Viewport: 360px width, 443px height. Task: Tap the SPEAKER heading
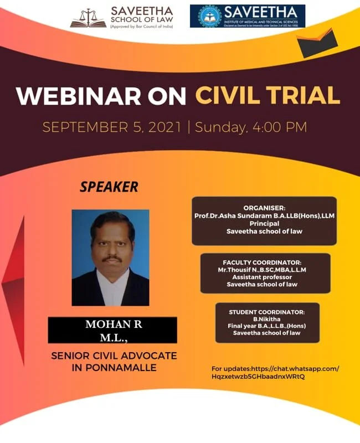109,187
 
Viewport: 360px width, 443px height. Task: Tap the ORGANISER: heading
264,207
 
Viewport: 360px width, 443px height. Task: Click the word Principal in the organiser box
264,223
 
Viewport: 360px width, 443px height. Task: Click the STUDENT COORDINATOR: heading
266,312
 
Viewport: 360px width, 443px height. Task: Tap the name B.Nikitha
266,319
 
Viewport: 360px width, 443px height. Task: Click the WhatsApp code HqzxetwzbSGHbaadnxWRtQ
258,376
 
